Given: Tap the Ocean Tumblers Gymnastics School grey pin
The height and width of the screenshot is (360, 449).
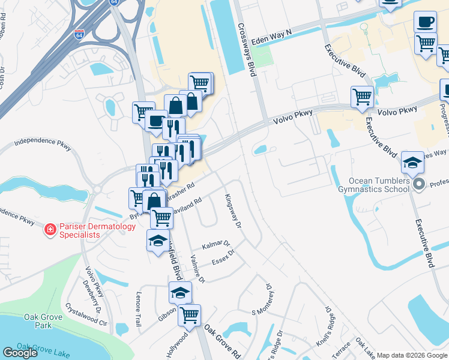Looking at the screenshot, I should pos(419,184).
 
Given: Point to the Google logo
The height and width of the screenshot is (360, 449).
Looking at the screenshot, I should pos(20,353).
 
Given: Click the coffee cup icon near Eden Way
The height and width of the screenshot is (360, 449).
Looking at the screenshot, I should pos(425,21).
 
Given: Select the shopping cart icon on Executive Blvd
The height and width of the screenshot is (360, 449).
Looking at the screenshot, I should pos(362,95).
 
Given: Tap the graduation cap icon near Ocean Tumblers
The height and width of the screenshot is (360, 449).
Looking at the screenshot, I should pos(412,162).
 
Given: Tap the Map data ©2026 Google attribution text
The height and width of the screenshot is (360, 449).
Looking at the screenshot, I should pos(412,355).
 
